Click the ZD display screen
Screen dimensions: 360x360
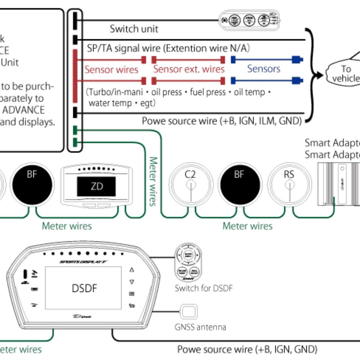(96, 186)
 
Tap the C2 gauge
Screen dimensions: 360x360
(191, 184)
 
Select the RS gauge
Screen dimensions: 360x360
(289, 184)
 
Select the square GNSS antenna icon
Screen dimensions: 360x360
(189, 312)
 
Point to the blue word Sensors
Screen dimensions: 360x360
(263, 69)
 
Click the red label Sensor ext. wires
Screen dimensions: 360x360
(189, 69)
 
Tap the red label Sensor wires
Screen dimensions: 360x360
(111, 70)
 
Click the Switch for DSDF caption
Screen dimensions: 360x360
(203, 288)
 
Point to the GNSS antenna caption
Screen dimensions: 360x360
(200, 327)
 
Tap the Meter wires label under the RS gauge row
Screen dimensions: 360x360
(247, 226)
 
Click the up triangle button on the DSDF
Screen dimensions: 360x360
(132, 270)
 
